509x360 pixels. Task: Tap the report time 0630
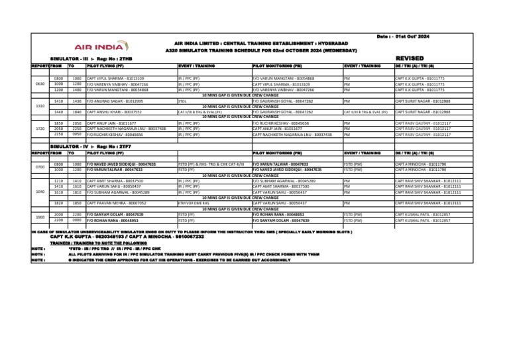coord(58,84)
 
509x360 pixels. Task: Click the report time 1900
coord(58,216)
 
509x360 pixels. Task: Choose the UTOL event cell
coord(182,101)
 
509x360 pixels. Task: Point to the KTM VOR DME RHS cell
coord(193,202)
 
